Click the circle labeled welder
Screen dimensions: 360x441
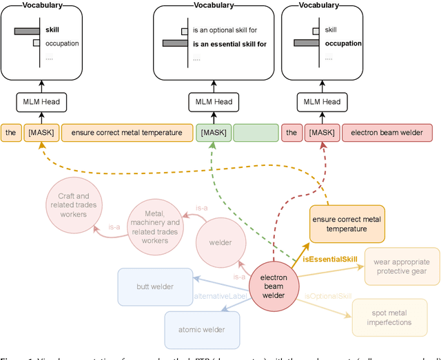(x=221, y=242)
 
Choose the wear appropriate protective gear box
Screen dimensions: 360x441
(x=401, y=266)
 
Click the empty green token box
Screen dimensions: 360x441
(x=255, y=133)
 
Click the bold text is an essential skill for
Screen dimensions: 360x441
(x=229, y=43)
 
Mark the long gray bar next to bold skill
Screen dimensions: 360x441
(x=27, y=31)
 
